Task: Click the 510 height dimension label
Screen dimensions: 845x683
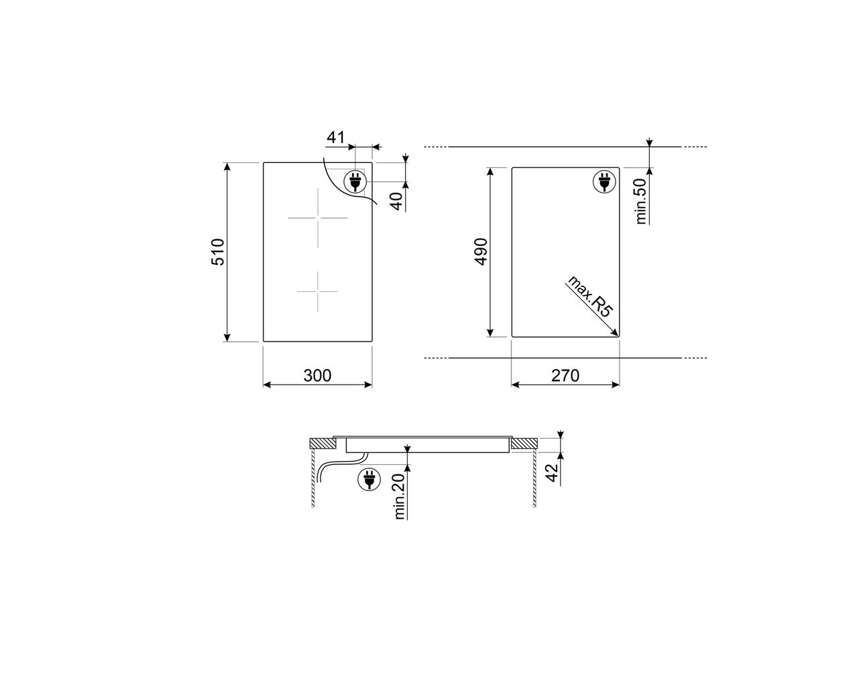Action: click(x=217, y=252)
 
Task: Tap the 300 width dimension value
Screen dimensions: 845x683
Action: click(x=317, y=375)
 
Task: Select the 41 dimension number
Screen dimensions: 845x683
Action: click(x=335, y=138)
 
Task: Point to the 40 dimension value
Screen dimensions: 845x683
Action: click(x=396, y=201)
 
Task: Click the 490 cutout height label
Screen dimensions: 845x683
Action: click(x=481, y=252)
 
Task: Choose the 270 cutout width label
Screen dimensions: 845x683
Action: click(x=565, y=375)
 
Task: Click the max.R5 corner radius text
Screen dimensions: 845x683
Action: click(x=589, y=296)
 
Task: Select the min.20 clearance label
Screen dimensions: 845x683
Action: click(x=400, y=496)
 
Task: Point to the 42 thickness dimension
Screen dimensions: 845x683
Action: click(x=552, y=472)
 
